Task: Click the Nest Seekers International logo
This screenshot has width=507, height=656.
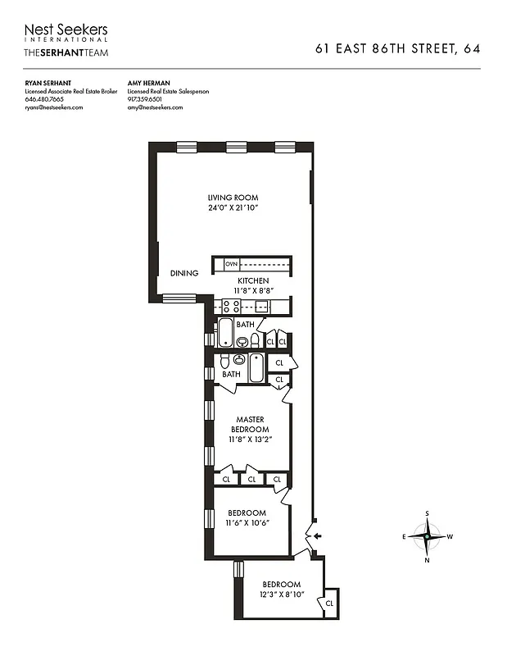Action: coord(66,34)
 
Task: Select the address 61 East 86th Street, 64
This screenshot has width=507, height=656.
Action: coord(397,49)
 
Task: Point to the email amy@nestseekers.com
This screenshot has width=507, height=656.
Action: coord(155,107)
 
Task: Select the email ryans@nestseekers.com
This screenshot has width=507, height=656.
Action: coord(54,107)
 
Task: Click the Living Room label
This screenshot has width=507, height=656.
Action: coord(233,198)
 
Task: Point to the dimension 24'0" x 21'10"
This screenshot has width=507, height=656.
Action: coord(233,208)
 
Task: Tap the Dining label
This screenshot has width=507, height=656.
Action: coord(184,274)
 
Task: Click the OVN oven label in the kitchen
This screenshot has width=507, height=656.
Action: coord(231,264)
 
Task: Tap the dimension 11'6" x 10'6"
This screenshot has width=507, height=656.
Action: coord(248,522)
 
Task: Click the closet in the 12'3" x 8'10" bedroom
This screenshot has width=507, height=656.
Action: coord(330,603)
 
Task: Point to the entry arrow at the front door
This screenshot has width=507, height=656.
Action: coord(318,536)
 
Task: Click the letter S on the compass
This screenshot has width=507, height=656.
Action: coord(427,514)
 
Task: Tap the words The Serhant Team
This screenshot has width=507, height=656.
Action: coord(66,52)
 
